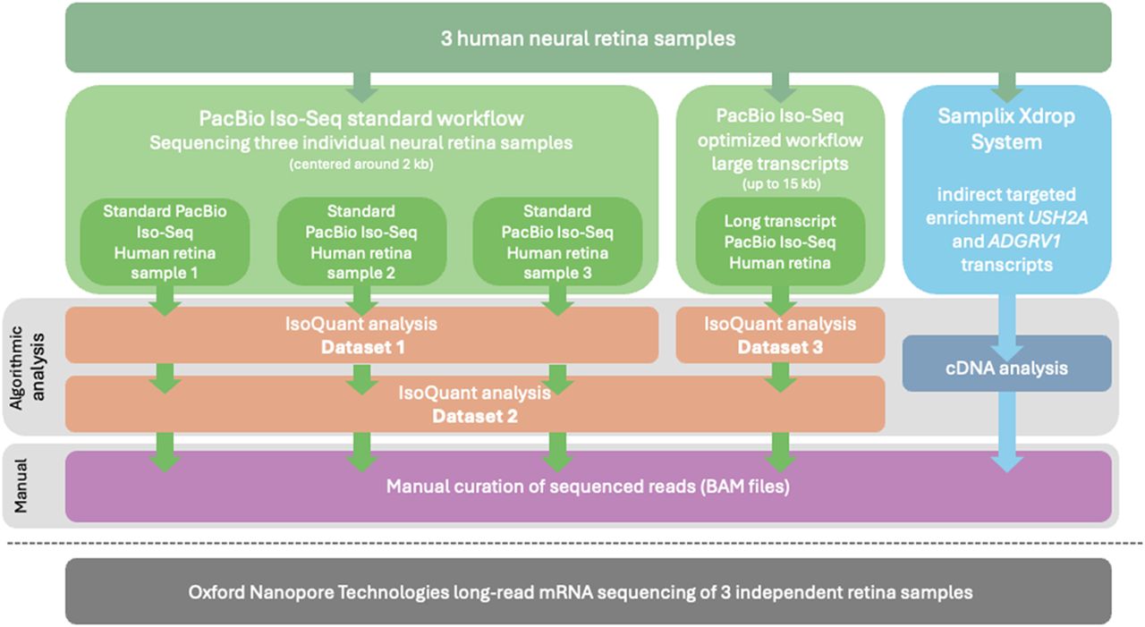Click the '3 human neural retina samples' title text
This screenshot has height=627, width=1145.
tap(588, 38)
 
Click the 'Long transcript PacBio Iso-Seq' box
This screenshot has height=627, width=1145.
tap(779, 241)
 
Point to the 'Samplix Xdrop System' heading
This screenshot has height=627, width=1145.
tap(1006, 129)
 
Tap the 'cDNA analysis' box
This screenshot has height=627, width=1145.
tap(1006, 369)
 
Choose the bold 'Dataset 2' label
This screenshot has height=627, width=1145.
tap(475, 416)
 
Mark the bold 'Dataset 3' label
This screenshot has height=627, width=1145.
tap(779, 347)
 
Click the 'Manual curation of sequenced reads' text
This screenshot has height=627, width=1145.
tap(588, 487)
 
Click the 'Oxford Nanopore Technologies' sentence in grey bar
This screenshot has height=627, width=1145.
tap(581, 592)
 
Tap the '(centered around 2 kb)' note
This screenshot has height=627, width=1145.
tap(360, 165)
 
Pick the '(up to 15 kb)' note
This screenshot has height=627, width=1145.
tap(779, 183)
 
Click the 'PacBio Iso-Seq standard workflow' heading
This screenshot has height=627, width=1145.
tap(360, 118)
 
